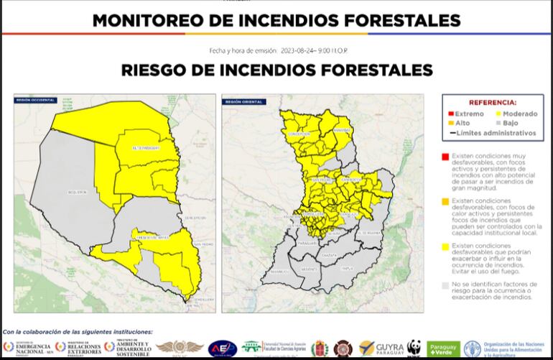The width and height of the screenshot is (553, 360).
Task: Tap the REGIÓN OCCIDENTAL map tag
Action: tap(35, 101)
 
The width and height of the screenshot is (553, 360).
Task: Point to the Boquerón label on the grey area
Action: tap(76, 192)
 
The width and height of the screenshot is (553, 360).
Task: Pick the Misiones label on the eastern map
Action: tap(309, 269)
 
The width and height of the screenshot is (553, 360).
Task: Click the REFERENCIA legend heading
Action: tap(492, 103)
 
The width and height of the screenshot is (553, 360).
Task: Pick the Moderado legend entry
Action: tap(515, 114)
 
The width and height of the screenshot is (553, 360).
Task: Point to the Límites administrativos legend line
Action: tap(492, 133)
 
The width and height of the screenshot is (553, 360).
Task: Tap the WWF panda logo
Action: tap(414, 348)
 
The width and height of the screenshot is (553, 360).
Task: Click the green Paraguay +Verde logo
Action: tap(443, 349)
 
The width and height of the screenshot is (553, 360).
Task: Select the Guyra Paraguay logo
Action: tap(382, 349)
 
